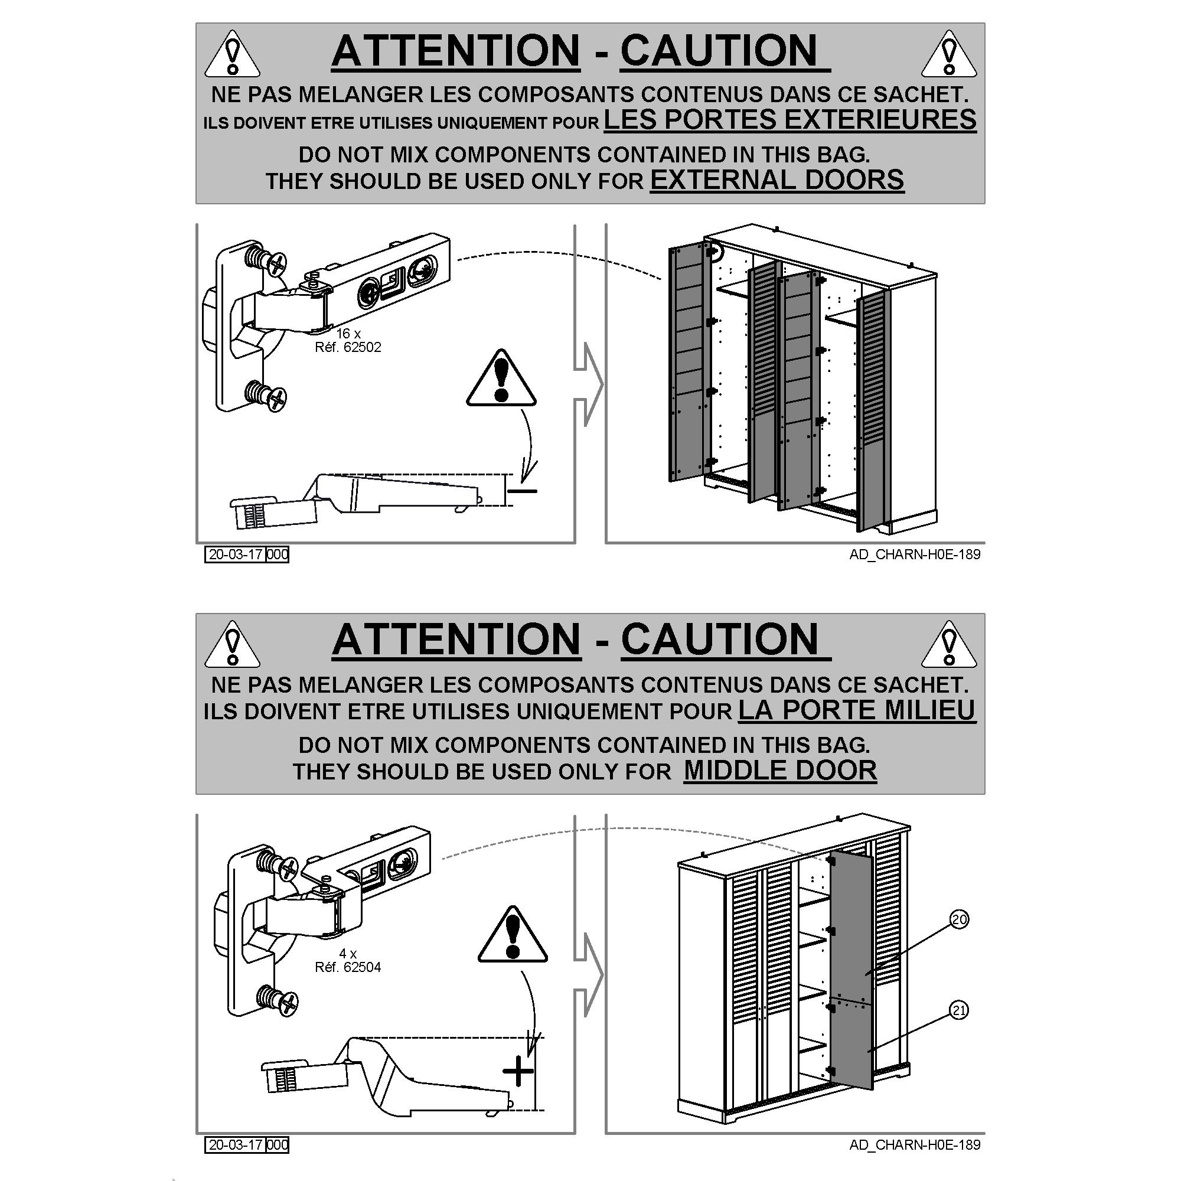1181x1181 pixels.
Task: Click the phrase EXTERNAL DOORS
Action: tap(777, 180)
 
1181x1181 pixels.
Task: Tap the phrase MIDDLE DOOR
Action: tap(780, 770)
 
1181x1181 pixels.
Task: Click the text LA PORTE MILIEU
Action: tap(857, 710)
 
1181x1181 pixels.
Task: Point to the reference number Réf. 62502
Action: tap(348, 347)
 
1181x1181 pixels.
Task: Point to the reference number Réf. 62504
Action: tap(348, 967)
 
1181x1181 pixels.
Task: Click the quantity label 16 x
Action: tap(348, 334)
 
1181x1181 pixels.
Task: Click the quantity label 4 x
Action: tap(348, 954)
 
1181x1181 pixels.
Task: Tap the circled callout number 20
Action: tap(960, 919)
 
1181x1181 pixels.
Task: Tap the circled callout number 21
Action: tap(959, 1010)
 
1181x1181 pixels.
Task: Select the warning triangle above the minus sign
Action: tap(501, 378)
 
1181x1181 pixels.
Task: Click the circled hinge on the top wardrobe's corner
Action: tap(713, 250)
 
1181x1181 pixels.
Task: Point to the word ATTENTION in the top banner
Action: tap(455, 50)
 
